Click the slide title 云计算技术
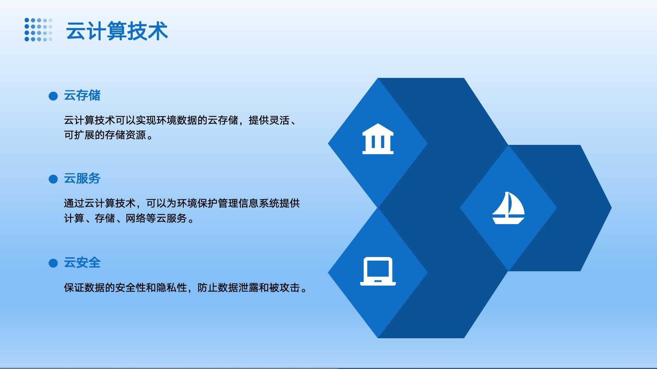117,31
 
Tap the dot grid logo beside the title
38,30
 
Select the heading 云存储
82,95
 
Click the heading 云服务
82,178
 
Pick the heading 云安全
82,263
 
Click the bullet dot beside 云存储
53,96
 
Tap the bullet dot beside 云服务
53,179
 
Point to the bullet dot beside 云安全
53,263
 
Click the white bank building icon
378,139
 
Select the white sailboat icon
508,208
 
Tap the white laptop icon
378,271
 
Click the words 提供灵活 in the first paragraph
269,120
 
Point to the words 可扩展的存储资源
105,135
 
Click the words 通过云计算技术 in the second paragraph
100,203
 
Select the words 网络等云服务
156,218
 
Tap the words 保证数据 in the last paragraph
85,288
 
